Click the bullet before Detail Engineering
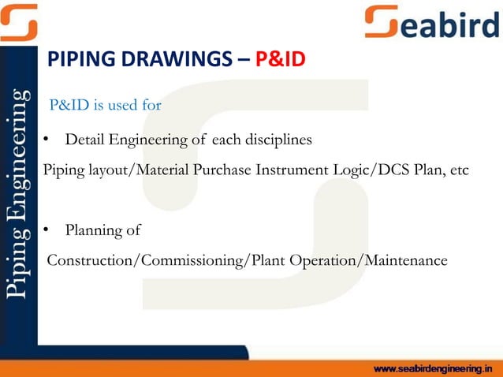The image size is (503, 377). point(47,140)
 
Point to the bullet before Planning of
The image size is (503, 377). point(47,230)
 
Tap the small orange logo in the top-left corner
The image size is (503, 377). point(18,21)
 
